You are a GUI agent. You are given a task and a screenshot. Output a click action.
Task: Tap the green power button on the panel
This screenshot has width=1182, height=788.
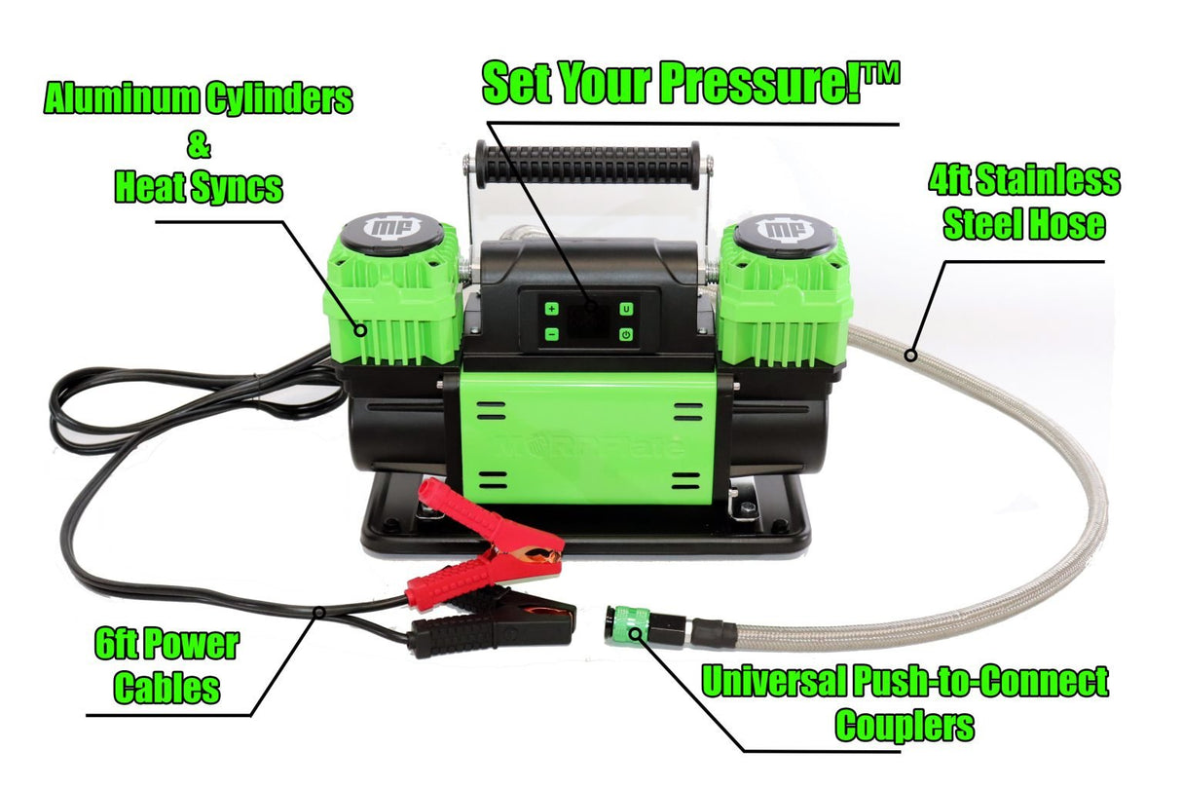click(626, 334)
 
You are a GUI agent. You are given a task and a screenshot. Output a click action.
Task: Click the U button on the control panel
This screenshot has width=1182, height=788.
click(626, 309)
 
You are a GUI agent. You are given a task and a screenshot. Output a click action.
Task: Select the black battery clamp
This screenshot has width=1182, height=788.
click(497, 628)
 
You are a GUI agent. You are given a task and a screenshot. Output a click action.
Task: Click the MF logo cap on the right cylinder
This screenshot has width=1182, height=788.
click(785, 231)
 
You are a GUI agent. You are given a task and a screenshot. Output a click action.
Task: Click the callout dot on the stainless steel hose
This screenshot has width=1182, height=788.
click(910, 356)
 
